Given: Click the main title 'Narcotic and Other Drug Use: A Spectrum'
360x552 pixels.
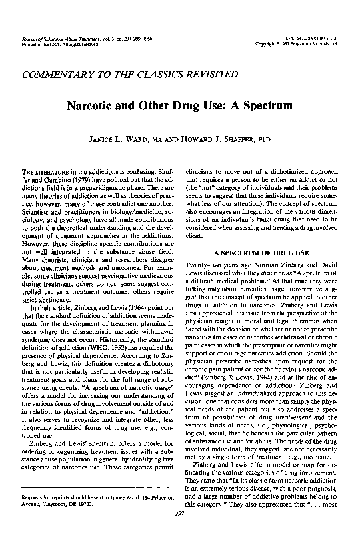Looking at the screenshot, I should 179,105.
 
